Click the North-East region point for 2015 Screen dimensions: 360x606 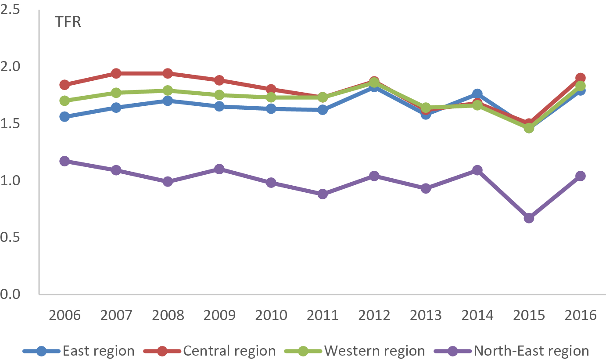click(529, 218)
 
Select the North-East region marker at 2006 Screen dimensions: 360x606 click(65, 161)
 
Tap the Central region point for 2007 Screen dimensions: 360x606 click(116, 73)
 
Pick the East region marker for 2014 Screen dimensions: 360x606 click(477, 94)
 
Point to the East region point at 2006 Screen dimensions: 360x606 click(65, 117)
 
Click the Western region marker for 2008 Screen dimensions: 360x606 click(168, 90)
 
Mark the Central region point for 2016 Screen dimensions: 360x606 click(580, 78)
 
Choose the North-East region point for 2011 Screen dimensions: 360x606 click(323, 194)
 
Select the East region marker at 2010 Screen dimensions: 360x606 click(271, 109)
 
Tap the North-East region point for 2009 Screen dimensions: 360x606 click(219, 169)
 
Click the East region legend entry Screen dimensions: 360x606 click(79, 351)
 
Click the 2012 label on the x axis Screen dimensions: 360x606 click(374, 315)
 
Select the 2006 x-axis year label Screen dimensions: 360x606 click(65, 315)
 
